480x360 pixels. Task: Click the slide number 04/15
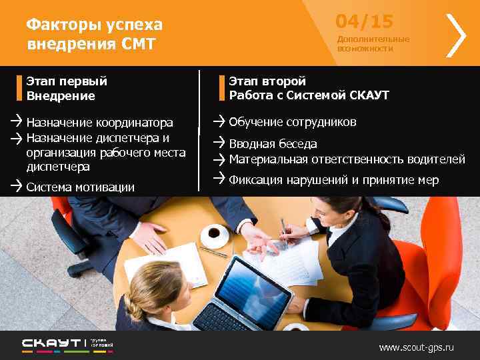pyautogui.click(x=364, y=22)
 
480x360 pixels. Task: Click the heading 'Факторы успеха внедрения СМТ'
pyautogui.click(x=94, y=35)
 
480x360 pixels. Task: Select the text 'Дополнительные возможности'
pyautogui.click(x=373, y=44)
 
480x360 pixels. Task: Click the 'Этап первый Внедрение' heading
pyautogui.click(x=67, y=88)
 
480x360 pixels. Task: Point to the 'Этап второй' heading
pyautogui.click(x=267, y=81)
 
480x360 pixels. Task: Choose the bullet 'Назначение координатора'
pyautogui.click(x=99, y=123)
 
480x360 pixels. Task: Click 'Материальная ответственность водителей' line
pyautogui.click(x=347, y=159)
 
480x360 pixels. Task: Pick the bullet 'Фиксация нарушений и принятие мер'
pyautogui.click(x=333, y=180)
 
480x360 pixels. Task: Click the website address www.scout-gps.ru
pyautogui.click(x=416, y=347)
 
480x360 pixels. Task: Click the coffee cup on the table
pyautogui.click(x=214, y=233)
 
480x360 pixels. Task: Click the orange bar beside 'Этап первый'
pyautogui.click(x=20, y=88)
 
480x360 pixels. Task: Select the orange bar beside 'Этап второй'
pyautogui.click(x=223, y=88)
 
